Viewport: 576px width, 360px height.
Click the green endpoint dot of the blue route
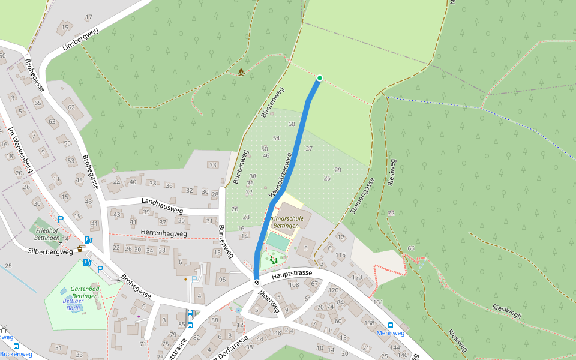[319, 78]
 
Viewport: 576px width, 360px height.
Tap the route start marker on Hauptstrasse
[256, 282]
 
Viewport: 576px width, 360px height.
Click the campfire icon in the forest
[241, 72]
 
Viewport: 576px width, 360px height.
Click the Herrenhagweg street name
[164, 233]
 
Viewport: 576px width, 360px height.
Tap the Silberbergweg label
[50, 252]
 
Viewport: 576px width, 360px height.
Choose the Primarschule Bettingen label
[287, 223]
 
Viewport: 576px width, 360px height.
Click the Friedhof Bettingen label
[47, 234]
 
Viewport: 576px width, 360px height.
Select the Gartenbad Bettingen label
[84, 292]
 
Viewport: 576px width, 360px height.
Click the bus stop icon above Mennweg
[391, 325]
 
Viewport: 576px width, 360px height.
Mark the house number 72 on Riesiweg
[391, 214]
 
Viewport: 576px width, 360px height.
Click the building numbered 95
[222, 280]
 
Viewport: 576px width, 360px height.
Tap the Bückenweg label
[16, 354]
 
